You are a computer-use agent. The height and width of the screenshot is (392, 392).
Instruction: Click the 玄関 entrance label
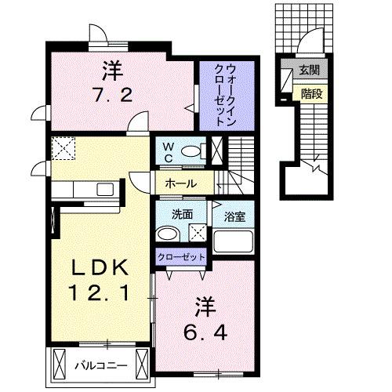[307, 71]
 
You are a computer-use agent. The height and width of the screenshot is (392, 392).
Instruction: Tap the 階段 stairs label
[308, 93]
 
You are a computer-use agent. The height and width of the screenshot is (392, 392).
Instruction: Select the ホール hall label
[181, 183]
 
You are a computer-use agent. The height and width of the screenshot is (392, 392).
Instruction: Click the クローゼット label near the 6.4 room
[181, 256]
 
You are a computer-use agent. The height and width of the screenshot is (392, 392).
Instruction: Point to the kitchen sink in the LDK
[103, 189]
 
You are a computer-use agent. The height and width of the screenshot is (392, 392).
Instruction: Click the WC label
[167, 150]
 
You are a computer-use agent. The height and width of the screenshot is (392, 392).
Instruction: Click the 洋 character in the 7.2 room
[111, 71]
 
